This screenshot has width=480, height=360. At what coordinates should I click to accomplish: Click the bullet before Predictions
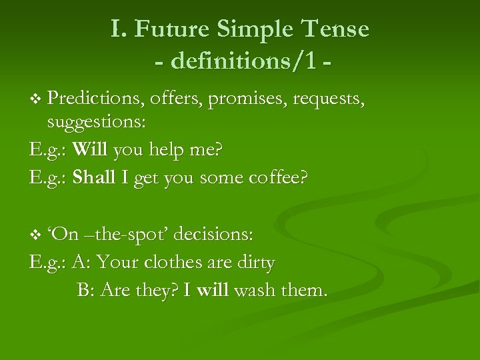coord(36,100)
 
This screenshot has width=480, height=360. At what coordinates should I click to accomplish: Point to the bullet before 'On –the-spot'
coord(36,235)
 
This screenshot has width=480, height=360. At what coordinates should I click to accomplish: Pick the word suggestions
coord(97,122)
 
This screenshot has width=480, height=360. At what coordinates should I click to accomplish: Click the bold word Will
coord(90,150)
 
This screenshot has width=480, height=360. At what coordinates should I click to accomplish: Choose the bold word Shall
coord(93,178)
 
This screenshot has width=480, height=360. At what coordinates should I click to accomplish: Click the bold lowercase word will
coord(211,290)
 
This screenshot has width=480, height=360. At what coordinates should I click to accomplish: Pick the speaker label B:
coord(85,290)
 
